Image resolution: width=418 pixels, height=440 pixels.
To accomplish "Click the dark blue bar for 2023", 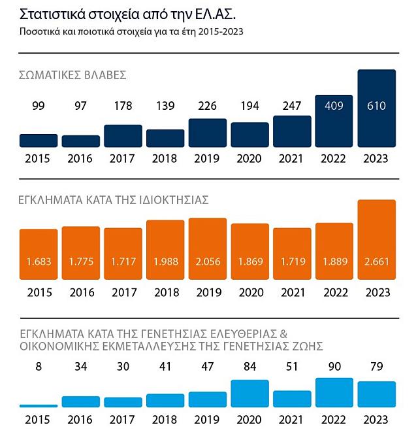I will (377, 108).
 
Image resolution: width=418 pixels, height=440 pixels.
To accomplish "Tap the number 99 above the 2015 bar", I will (39, 106).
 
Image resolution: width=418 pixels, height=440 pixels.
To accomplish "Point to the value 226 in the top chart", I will (208, 106).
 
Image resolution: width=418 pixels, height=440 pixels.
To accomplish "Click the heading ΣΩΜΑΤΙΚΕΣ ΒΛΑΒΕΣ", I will (72, 75).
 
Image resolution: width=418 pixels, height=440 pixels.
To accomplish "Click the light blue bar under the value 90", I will (334, 393).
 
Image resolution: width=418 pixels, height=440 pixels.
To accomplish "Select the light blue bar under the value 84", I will (250, 394).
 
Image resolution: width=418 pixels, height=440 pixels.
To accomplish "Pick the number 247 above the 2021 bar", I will (292, 106).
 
